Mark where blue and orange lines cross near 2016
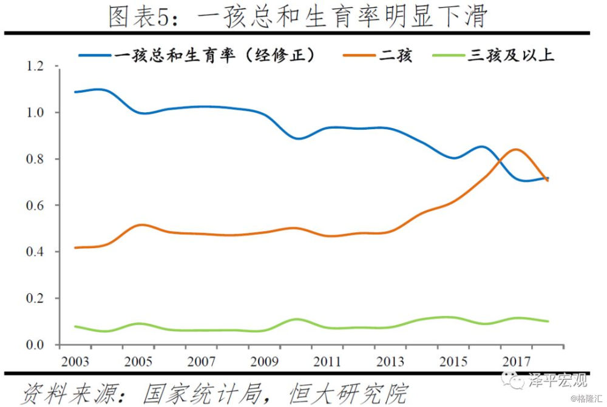click(498, 160)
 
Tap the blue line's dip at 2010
click(297, 139)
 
